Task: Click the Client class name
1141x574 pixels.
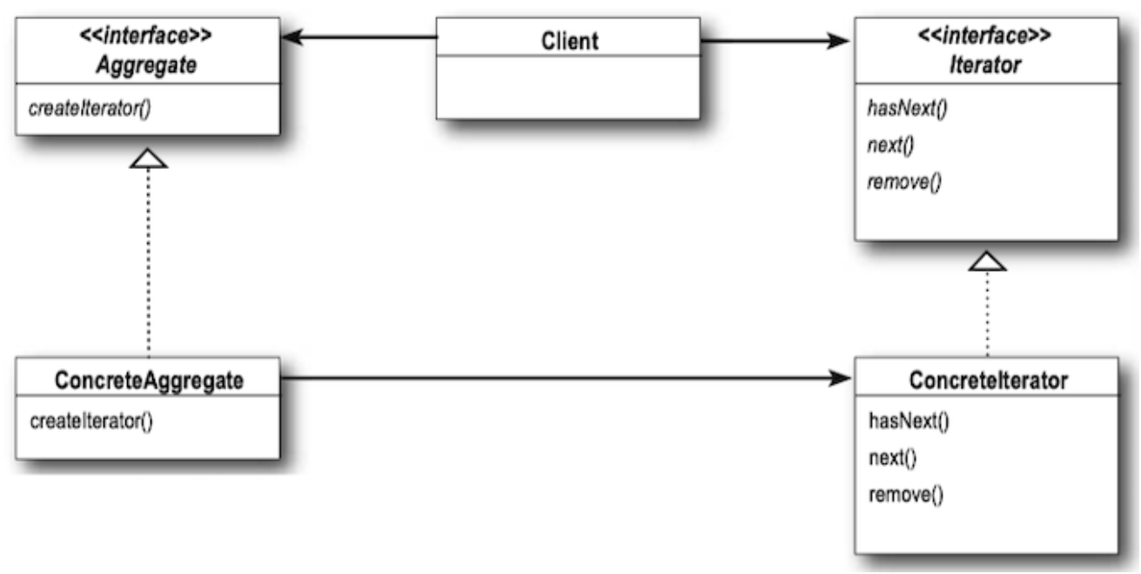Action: [x=569, y=41]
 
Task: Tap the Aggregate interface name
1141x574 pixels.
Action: [x=147, y=65]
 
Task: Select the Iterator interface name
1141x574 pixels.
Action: [x=985, y=65]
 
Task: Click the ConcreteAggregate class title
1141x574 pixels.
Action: [x=149, y=381]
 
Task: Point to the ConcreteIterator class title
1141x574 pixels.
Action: [x=988, y=381]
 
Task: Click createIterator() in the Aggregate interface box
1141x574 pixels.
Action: [x=90, y=109]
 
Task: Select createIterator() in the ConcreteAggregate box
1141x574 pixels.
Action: [x=91, y=422]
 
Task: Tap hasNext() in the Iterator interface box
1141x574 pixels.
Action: [x=907, y=109]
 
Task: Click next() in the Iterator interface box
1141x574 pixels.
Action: [x=891, y=145]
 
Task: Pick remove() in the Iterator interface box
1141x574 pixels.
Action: [x=904, y=182]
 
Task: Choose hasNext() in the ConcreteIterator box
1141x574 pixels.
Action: [x=909, y=422]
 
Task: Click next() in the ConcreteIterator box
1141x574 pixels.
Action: [x=893, y=458]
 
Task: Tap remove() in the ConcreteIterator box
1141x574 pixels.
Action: [x=906, y=495]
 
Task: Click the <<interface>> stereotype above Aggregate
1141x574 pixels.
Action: [x=145, y=35]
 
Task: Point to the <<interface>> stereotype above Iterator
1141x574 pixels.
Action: [x=984, y=35]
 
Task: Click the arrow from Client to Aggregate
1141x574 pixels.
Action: [x=359, y=37]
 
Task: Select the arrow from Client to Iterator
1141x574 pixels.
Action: [x=775, y=40]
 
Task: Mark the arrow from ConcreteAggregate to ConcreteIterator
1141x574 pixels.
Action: [x=566, y=378]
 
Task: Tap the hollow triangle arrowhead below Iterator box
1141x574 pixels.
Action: [x=987, y=261]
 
